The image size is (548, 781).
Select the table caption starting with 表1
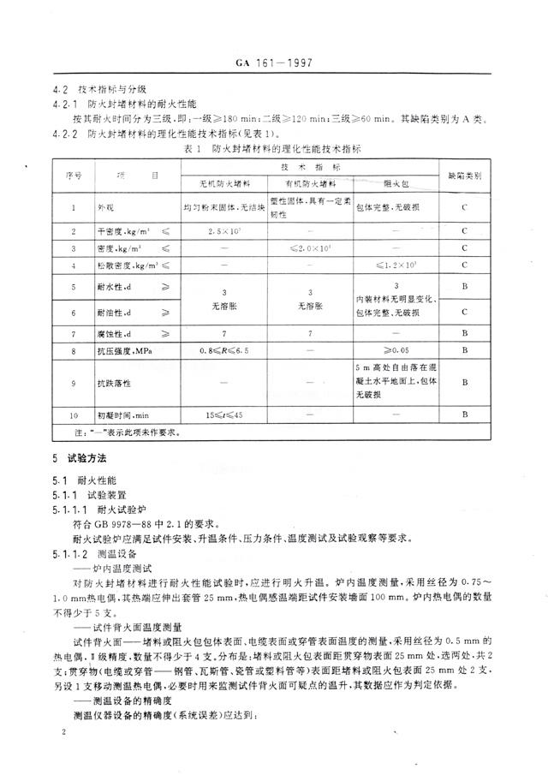tap(275, 149)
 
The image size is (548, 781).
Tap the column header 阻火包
tap(395, 183)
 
